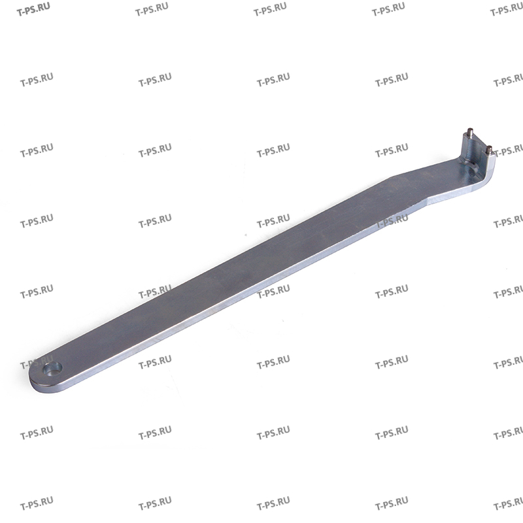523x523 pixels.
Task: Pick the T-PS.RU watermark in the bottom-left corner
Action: [36, 504]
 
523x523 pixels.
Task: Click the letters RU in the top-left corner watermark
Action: [46, 8]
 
